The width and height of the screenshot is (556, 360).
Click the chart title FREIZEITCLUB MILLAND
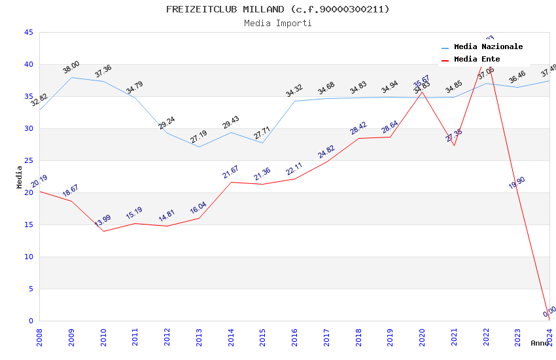(277, 9)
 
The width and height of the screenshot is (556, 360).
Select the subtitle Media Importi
(277, 23)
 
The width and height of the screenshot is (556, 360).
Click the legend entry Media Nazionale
(488, 46)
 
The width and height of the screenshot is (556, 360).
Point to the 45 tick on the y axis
(28, 32)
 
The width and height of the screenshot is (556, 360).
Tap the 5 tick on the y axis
(31, 289)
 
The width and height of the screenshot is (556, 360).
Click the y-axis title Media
(19, 177)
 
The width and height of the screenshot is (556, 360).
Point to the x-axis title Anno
(540, 343)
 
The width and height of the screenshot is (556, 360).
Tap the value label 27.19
(198, 136)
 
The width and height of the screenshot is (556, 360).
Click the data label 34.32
(294, 91)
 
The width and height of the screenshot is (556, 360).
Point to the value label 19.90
(517, 183)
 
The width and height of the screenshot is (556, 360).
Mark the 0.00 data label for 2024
(549, 311)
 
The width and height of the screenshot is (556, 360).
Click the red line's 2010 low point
(103, 231)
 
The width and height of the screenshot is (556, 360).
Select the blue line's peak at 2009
(71, 77)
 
